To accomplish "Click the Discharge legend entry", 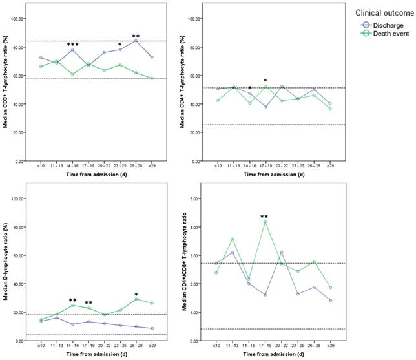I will (x=383, y=25).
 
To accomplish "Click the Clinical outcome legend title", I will (x=383, y=12).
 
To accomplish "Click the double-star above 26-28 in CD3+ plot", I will (x=136, y=36).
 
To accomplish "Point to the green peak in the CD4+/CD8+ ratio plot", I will (x=264, y=222).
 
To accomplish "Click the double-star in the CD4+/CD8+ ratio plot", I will (x=264, y=217).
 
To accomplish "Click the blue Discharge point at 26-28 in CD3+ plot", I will (x=136, y=41).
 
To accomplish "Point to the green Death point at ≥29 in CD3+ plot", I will (x=151, y=78).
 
